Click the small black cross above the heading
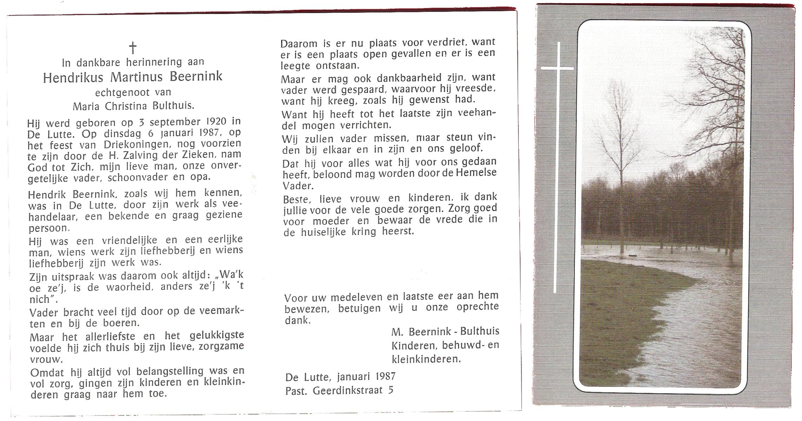[x=133, y=47]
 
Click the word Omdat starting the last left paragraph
[x=47, y=372]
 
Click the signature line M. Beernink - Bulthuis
[x=445, y=332]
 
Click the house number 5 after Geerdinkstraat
[x=391, y=390]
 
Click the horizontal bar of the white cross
[x=557, y=68]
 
